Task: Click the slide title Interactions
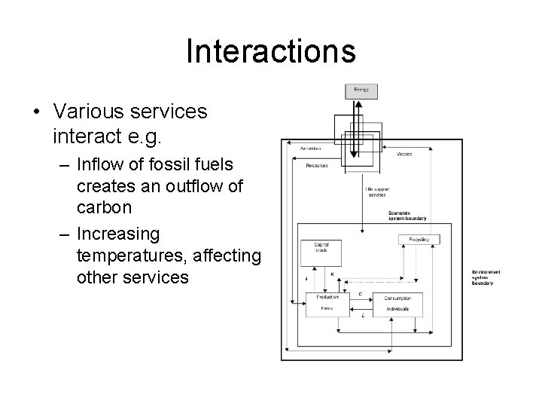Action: (x=270, y=51)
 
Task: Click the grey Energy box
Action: (x=361, y=91)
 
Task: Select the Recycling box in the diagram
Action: (x=419, y=239)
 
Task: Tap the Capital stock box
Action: (x=315, y=252)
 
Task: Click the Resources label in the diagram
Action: (x=317, y=165)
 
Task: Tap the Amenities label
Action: (x=311, y=148)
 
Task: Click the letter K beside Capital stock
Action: (x=332, y=274)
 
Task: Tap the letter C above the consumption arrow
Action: (x=361, y=293)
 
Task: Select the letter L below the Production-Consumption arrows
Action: (x=364, y=316)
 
